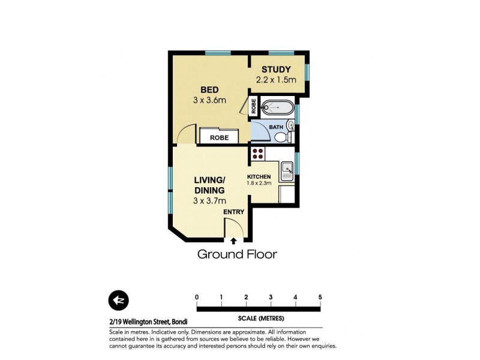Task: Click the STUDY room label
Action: click(x=276, y=69)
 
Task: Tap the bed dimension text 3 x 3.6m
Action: click(x=209, y=100)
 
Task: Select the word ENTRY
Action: click(x=233, y=212)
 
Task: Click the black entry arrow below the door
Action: click(x=233, y=241)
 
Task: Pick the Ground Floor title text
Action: click(x=238, y=254)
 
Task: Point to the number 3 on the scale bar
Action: click(x=271, y=298)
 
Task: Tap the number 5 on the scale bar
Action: click(x=320, y=298)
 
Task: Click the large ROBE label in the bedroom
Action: click(x=219, y=137)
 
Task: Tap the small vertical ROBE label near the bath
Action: click(x=254, y=106)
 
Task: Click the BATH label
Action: click(x=275, y=127)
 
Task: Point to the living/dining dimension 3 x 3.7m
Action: click(x=209, y=200)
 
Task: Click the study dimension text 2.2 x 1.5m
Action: click(x=277, y=80)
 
